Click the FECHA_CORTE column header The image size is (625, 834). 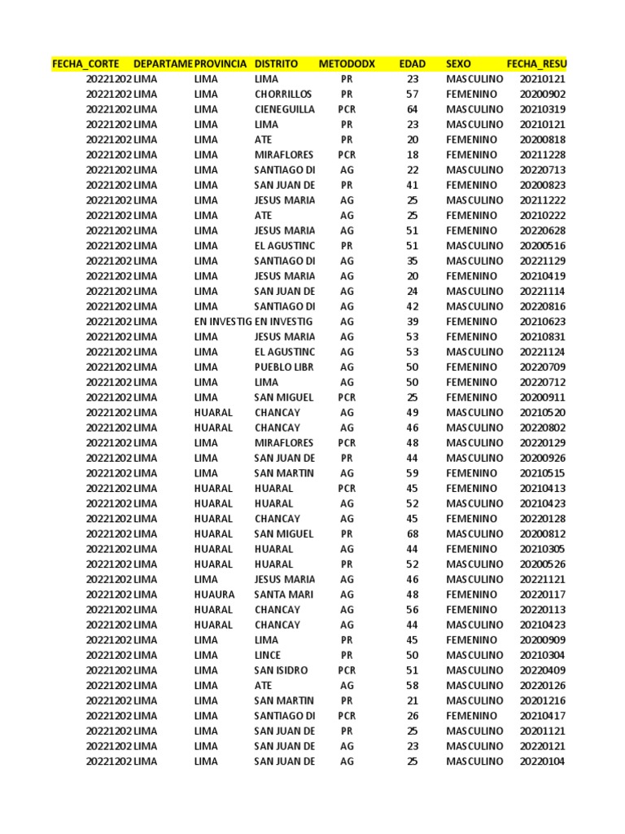coord(85,64)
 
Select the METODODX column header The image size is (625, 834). coord(347,64)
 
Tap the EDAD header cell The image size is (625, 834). coord(412,64)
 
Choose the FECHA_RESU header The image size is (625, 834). coord(536,64)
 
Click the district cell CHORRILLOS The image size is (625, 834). coord(283,94)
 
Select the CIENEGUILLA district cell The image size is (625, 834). coord(284,109)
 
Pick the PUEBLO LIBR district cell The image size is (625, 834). coord(284,367)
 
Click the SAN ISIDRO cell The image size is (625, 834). coord(281,670)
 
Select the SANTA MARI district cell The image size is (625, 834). coord(284,595)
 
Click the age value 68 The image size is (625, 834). coord(412,534)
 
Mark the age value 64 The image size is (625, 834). coord(412,109)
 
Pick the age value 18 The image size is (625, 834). coord(412,155)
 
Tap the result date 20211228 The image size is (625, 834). coord(542,155)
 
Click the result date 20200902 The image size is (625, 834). coord(542,94)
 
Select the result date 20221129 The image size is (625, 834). coord(542,261)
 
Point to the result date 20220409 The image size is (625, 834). coord(542,670)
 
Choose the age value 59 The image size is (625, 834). coord(412,473)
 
